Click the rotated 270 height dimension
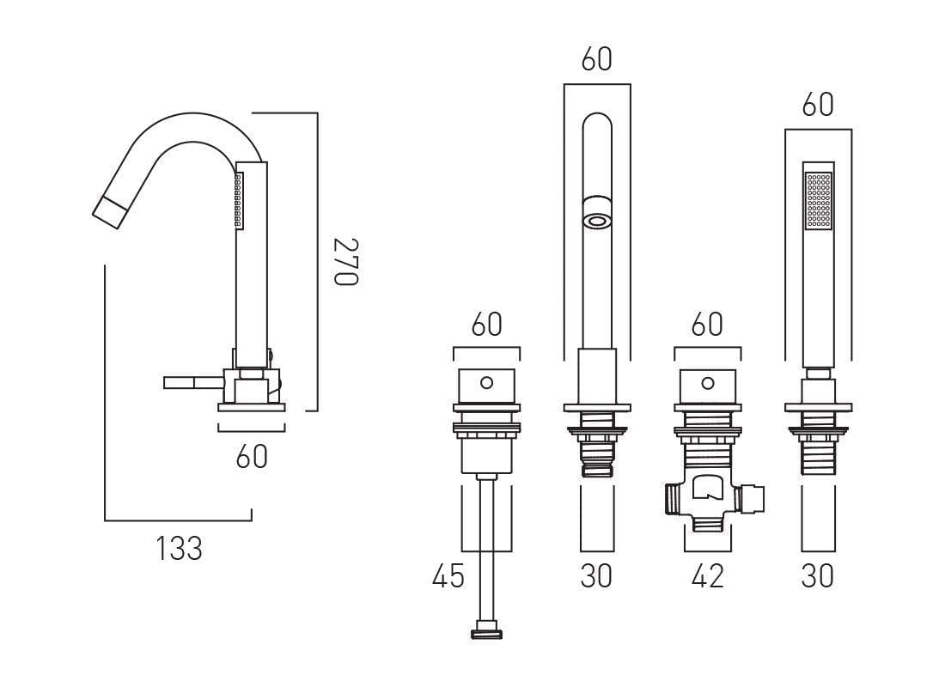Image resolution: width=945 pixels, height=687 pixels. pyautogui.click(x=344, y=262)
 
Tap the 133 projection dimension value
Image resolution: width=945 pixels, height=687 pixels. pyautogui.click(x=180, y=549)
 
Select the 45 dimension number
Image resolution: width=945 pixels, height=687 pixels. pyautogui.click(x=448, y=577)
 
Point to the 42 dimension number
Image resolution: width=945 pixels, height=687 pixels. pyautogui.click(x=707, y=577)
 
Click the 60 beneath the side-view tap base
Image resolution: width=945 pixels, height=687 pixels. pyautogui.click(x=252, y=457)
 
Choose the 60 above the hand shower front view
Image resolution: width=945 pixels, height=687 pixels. pyautogui.click(x=818, y=105)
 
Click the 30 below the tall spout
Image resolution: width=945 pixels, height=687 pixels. pyautogui.click(x=596, y=577)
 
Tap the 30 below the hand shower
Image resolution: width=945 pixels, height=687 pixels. pyautogui.click(x=817, y=577)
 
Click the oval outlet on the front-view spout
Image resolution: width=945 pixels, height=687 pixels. pyautogui.click(x=597, y=221)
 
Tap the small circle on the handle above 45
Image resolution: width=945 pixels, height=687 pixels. pyautogui.click(x=486, y=380)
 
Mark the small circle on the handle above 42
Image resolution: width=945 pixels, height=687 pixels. pyautogui.click(x=707, y=380)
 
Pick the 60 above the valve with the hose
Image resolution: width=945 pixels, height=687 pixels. pyautogui.click(x=486, y=325)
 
